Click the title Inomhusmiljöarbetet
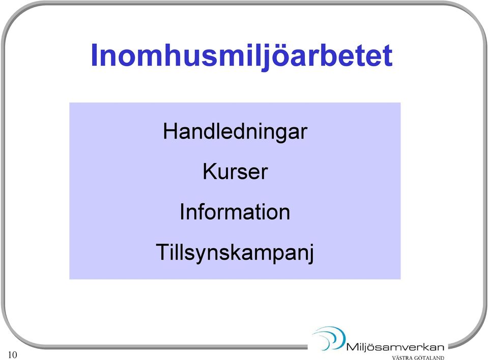tap(242, 56)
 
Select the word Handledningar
tap(235, 132)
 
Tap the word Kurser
tap(235, 172)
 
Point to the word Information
tap(235, 212)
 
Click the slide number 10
tap(12, 355)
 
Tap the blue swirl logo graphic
tap(329, 338)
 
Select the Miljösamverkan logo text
tap(395, 347)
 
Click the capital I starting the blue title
tap(94, 55)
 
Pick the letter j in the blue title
tap(267, 58)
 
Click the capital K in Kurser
tap(210, 171)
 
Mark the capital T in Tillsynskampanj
tap(163, 252)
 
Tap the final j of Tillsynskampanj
tap(310, 254)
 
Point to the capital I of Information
tap(182, 211)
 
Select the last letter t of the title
tap(387, 57)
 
